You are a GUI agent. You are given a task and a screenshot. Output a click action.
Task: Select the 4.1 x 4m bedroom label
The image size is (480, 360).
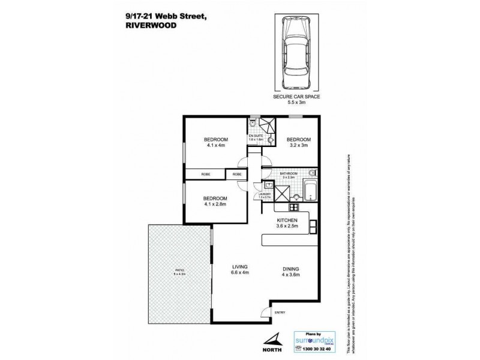point(215,143)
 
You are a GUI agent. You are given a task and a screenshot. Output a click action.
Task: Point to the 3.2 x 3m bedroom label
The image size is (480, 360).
point(298,143)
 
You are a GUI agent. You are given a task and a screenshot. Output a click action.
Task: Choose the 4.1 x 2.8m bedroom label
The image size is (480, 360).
point(215,201)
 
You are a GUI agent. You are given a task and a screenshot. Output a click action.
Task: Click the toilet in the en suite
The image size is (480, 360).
point(254,124)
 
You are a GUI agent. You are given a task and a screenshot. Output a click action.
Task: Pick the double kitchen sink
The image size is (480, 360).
point(313,227)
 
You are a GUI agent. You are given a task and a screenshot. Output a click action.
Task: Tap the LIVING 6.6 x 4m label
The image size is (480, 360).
point(240,270)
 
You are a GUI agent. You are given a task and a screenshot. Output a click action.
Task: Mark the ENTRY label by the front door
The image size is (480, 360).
point(280,313)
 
